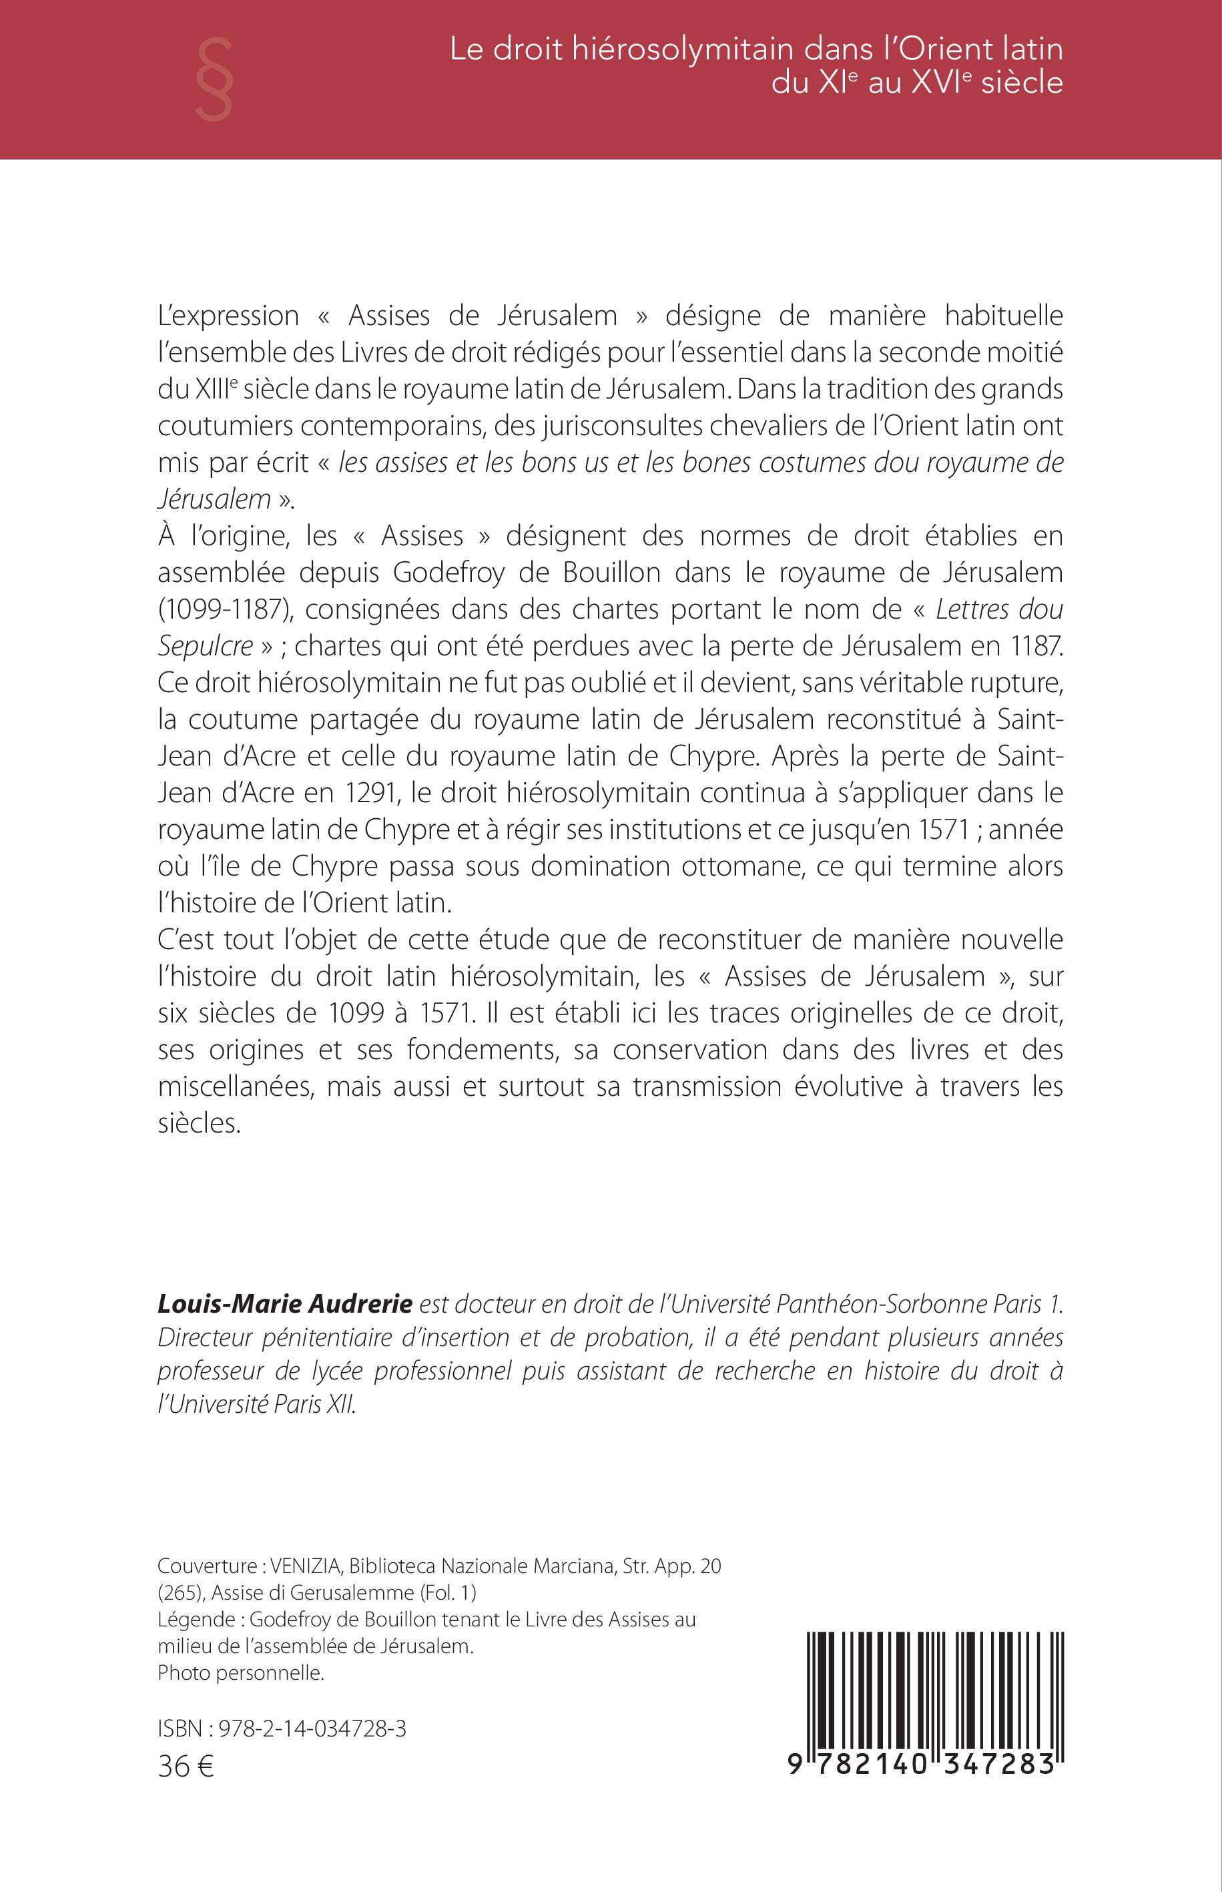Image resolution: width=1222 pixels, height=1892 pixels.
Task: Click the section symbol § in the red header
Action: click(214, 80)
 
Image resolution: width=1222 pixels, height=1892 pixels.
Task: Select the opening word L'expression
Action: click(228, 316)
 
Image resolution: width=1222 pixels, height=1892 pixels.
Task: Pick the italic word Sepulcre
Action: click(206, 646)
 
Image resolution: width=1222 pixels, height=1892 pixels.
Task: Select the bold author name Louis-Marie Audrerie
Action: click(285, 1303)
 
